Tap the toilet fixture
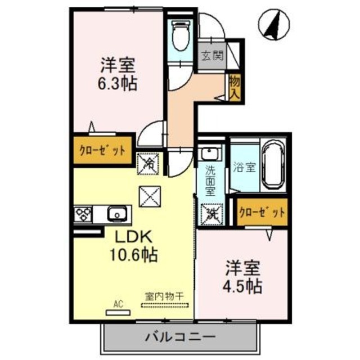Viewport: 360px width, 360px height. [181, 35]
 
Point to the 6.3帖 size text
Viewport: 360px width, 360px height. [116, 85]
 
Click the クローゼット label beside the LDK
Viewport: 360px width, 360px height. [102, 150]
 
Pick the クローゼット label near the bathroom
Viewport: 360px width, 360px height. [261, 212]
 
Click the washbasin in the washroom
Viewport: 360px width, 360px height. [210, 155]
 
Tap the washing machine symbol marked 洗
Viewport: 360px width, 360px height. [212, 213]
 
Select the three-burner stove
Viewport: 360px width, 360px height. [85, 214]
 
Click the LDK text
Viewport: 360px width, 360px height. [133, 237]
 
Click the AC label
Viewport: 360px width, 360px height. [118, 304]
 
